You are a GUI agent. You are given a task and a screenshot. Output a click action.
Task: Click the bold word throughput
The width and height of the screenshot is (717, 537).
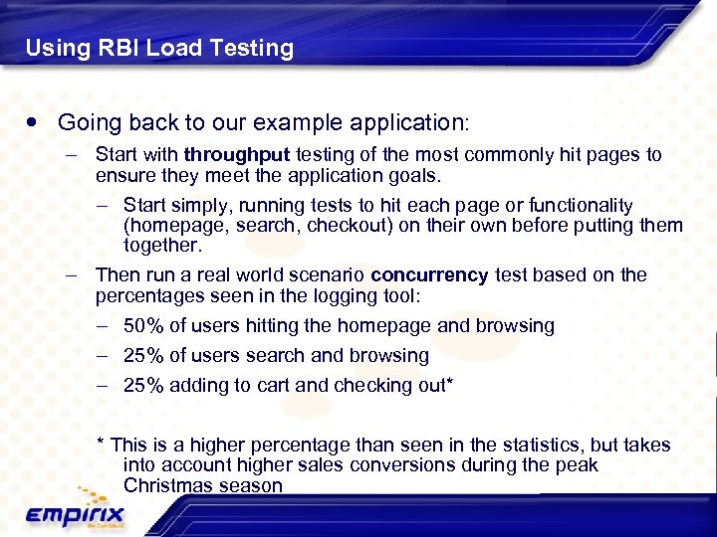pyautogui.click(x=236, y=155)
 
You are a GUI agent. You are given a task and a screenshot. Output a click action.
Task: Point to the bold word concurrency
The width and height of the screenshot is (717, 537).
pyautogui.click(x=429, y=275)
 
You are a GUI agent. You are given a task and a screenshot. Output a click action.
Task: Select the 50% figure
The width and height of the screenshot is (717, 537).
pyautogui.click(x=143, y=326)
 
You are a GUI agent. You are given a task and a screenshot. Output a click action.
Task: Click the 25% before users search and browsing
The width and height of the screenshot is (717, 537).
pyautogui.click(x=143, y=356)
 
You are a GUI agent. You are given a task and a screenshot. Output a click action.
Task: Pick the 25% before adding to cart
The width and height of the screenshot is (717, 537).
pyautogui.click(x=143, y=386)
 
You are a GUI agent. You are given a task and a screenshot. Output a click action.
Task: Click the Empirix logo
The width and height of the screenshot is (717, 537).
pyautogui.click(x=76, y=512)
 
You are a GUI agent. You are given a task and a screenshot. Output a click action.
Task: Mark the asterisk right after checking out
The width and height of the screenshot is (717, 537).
pyautogui.click(x=450, y=383)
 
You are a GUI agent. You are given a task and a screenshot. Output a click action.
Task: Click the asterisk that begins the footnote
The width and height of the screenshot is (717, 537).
pyautogui.click(x=100, y=444)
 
